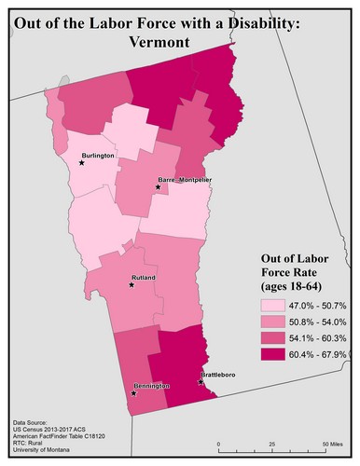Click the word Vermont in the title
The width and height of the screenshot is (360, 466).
[179, 42]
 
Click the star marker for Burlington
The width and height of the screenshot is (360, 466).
[82, 163]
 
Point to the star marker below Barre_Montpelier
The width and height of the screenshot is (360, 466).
[159, 188]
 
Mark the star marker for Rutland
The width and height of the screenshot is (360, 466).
[132, 285]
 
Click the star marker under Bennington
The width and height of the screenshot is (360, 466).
[134, 393]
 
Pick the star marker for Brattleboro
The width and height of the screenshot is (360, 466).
[201, 382]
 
